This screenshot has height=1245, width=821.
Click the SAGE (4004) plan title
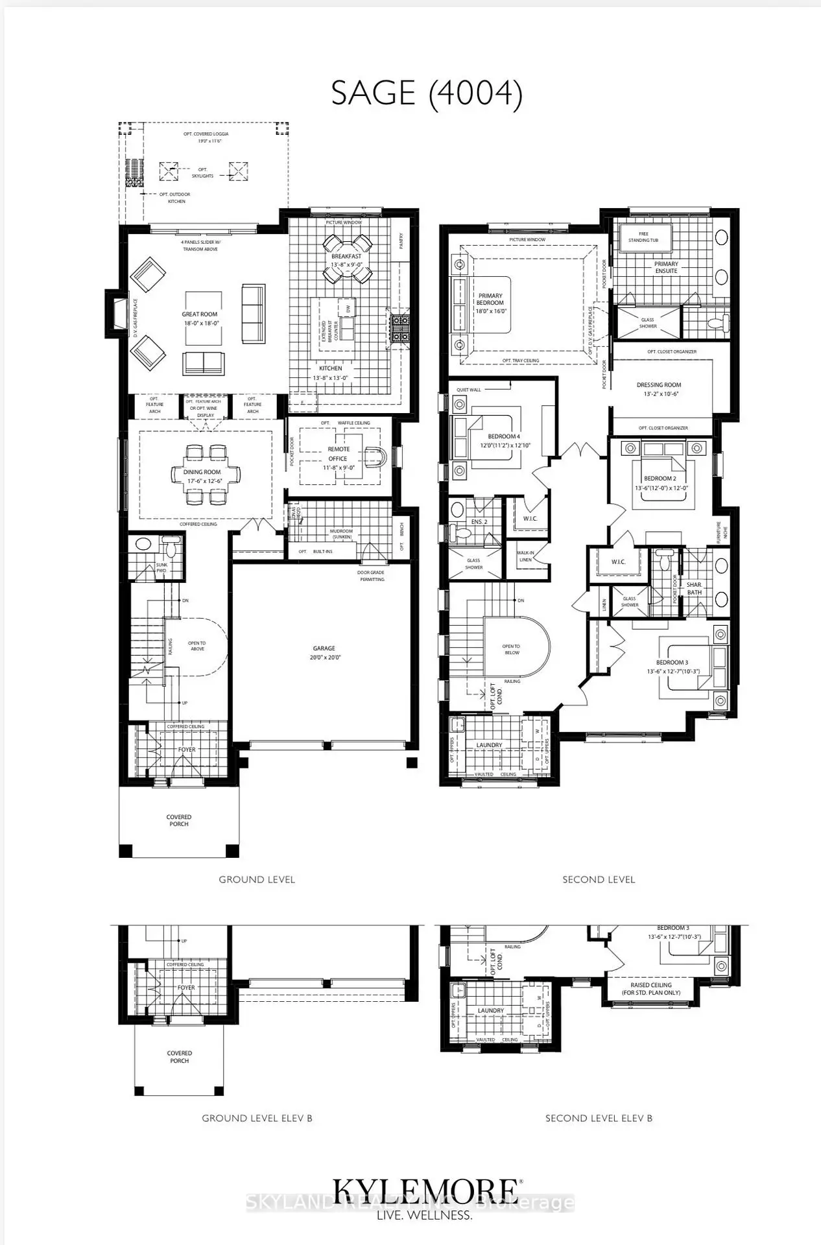tap(426, 93)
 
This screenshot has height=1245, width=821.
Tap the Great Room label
tap(200, 318)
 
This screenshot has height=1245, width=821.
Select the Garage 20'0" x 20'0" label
tap(324, 652)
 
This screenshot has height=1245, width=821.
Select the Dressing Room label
tap(659, 389)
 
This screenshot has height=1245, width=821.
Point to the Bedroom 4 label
tap(504, 441)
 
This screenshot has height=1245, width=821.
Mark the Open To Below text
tap(511, 649)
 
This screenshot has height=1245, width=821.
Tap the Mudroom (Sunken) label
tap(341, 534)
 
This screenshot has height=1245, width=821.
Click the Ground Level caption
tap(257, 879)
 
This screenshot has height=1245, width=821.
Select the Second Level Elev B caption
tap(599, 1118)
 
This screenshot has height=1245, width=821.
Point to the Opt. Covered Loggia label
tap(206, 137)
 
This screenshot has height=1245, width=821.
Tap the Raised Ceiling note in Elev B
tap(651, 989)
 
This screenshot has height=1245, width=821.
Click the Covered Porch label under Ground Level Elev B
tap(180, 1057)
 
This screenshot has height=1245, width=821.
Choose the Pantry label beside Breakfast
tap(401, 241)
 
